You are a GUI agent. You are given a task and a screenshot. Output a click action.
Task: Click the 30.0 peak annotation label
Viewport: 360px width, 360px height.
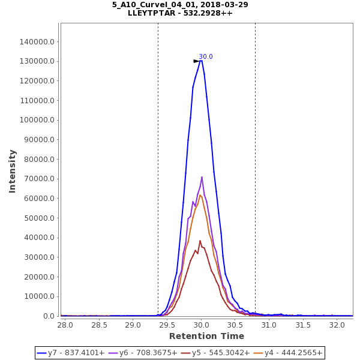206,57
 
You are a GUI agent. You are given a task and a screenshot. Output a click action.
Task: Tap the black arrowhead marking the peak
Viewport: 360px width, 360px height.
196,61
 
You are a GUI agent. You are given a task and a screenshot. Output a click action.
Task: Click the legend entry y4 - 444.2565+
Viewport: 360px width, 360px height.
287,353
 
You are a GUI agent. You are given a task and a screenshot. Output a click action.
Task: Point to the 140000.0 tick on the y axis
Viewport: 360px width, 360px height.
38,42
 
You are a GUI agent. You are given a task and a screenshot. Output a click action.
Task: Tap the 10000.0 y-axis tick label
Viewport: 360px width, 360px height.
40,296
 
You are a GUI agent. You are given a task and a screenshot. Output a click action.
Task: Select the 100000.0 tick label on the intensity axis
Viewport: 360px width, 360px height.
38,120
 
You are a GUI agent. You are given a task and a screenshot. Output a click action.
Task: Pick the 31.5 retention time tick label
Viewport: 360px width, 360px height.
303,325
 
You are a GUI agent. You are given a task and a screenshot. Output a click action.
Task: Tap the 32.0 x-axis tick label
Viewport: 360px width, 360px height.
337,325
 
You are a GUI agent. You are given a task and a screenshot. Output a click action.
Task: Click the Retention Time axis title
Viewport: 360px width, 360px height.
206,336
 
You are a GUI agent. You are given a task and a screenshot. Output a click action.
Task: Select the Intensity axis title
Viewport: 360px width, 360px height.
13,171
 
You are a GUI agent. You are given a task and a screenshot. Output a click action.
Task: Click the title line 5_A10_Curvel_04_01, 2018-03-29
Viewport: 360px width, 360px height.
180,5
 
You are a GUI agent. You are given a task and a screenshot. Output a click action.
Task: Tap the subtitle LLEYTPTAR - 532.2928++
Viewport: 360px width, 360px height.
180,13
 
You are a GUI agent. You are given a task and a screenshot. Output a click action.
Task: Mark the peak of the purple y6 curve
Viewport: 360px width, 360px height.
202,177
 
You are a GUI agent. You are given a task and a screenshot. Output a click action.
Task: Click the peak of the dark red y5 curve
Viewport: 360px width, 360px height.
200,241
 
